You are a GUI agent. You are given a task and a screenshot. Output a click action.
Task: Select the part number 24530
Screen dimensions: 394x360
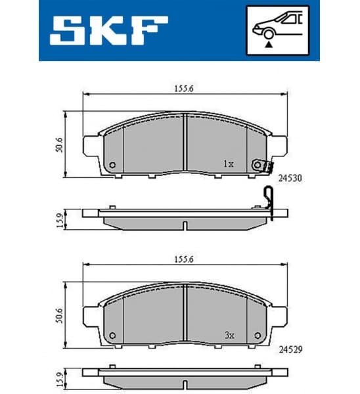click(290, 177)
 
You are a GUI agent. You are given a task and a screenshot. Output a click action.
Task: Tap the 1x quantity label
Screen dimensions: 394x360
click(228, 164)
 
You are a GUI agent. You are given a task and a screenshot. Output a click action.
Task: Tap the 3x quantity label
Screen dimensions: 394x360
click(228, 335)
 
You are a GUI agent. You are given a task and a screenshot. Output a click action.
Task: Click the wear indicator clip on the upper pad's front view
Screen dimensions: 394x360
click(266, 167)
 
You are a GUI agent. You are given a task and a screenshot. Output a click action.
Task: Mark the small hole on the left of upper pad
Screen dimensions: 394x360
click(112, 165)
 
